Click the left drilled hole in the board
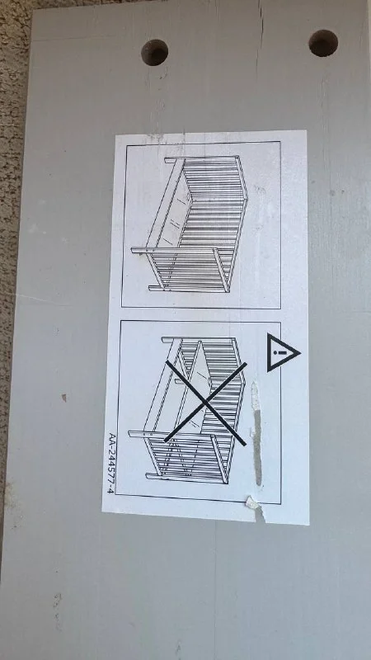154,53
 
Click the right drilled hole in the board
323,43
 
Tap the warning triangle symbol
283,352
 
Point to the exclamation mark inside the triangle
282,352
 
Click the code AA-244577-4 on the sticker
111,463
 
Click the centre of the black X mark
205,403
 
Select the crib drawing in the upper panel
190,224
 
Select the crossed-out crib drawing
188,409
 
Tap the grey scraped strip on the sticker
257,434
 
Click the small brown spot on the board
64,397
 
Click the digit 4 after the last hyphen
111,490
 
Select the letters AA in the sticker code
111,437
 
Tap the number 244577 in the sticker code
111,464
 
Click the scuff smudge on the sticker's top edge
156,136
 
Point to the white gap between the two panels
201,314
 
